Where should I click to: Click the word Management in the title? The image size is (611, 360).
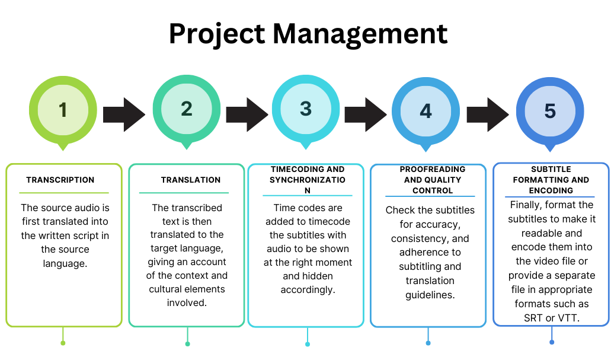[361, 34]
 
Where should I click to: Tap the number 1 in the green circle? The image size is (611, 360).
[63, 109]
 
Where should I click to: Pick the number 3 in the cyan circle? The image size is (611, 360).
[305, 109]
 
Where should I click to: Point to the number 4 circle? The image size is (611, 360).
[426, 110]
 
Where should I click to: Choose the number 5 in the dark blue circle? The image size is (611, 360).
[550, 111]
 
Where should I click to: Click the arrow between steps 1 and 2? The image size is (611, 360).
[124, 114]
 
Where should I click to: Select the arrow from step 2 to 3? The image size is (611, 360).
[247, 114]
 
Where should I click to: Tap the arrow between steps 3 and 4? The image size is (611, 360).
[365, 114]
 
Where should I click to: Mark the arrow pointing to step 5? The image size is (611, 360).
[487, 114]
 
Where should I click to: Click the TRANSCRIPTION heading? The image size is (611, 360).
[60, 180]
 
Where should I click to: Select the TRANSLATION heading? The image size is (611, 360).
[191, 180]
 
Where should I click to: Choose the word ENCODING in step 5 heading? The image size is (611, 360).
[551, 190]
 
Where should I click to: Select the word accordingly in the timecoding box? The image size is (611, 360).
[308, 290]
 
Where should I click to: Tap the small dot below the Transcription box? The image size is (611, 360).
[63, 343]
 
